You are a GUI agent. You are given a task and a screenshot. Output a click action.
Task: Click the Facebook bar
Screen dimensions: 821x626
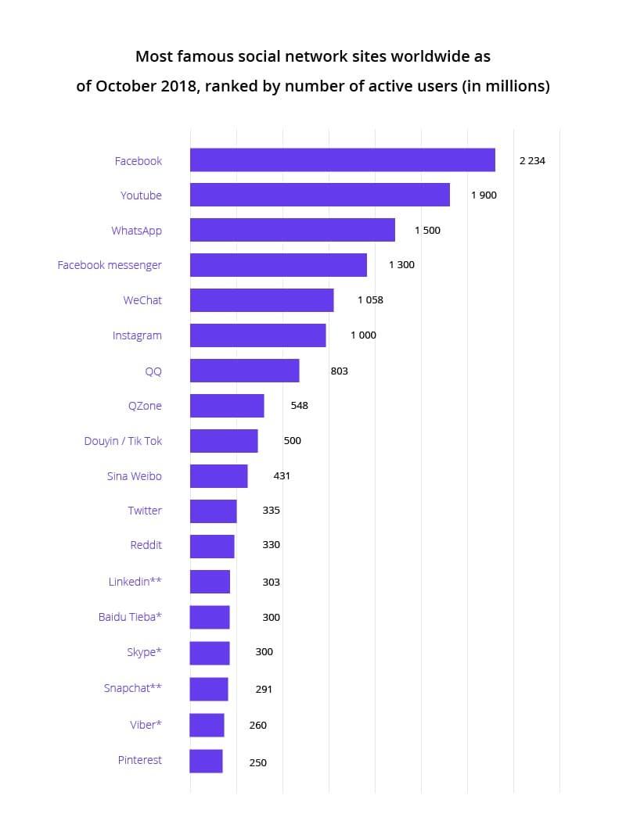point(342,160)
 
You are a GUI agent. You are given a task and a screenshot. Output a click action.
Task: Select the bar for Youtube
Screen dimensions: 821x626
point(319,195)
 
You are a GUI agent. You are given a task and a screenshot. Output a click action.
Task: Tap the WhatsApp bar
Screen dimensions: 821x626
point(292,230)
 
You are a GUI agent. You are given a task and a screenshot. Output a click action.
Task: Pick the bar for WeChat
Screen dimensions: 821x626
point(261,300)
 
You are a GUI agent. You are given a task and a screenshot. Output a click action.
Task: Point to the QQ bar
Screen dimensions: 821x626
point(244,371)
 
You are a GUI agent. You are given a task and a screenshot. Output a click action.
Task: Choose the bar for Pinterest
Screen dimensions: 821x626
point(206,761)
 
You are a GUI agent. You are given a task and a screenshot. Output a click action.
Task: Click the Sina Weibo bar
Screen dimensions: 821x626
point(218,475)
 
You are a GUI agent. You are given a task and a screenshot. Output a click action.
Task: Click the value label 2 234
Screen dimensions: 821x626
point(532,161)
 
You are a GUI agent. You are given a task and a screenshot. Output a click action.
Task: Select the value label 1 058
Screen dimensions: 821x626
point(370,300)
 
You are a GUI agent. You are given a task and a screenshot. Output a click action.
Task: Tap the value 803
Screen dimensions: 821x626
point(339,371)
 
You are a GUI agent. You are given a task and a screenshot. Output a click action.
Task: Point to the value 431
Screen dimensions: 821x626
point(282,475)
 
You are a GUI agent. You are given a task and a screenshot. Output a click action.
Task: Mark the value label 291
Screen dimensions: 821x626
point(264,689)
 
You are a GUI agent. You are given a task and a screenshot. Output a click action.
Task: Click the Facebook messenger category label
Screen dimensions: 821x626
point(110,265)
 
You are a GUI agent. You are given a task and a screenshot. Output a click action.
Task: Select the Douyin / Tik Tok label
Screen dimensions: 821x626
point(123,441)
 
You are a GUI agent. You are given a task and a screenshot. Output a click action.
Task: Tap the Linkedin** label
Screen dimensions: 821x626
point(135,582)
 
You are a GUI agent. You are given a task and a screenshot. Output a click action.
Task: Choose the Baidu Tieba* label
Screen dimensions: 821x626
point(130,617)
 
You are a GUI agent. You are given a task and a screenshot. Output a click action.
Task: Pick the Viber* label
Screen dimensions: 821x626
point(146,725)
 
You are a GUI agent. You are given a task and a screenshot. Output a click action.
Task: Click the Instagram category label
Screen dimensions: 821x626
point(137,335)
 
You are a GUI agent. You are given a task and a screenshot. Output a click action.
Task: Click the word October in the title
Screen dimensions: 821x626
point(126,86)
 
